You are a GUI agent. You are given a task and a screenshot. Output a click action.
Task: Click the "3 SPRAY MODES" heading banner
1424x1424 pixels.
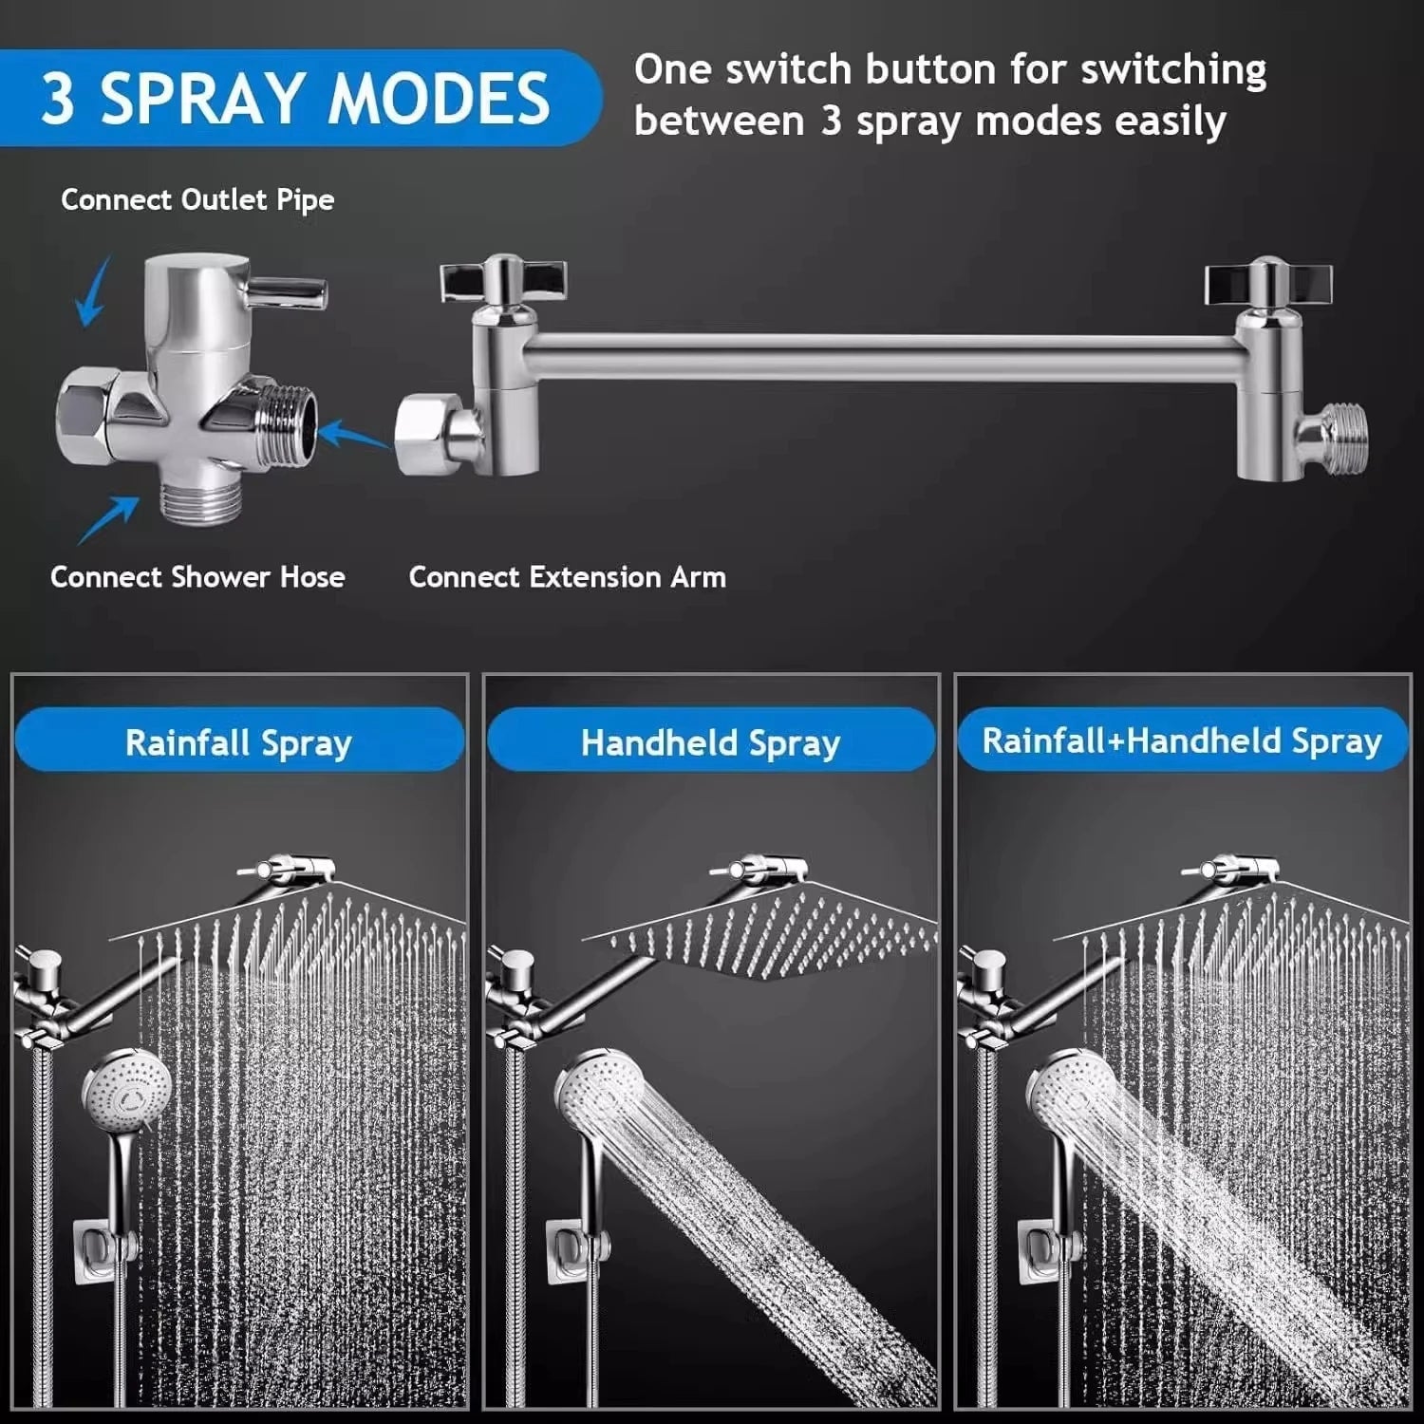pyautogui.click(x=294, y=98)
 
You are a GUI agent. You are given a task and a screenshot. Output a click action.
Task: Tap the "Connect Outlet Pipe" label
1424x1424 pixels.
pyautogui.click(x=197, y=199)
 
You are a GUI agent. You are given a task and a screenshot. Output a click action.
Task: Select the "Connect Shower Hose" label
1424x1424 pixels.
pyautogui.click(x=197, y=577)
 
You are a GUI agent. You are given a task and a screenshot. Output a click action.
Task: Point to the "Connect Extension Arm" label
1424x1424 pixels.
pyautogui.click(x=567, y=577)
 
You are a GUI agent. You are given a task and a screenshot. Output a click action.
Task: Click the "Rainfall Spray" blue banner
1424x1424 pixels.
pyautogui.click(x=238, y=741)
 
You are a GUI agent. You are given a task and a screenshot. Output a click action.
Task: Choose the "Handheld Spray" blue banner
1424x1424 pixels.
pyautogui.click(x=710, y=742)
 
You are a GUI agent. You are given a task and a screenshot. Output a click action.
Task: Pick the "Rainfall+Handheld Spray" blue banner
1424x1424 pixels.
pyautogui.click(x=1181, y=740)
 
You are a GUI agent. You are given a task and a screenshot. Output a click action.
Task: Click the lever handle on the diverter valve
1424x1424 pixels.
pyautogui.click(x=289, y=290)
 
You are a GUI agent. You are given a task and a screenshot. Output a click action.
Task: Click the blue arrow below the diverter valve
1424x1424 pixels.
pyautogui.click(x=108, y=520)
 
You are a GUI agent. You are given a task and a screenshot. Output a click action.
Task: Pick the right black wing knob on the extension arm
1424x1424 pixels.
pyautogui.click(x=1267, y=281)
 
